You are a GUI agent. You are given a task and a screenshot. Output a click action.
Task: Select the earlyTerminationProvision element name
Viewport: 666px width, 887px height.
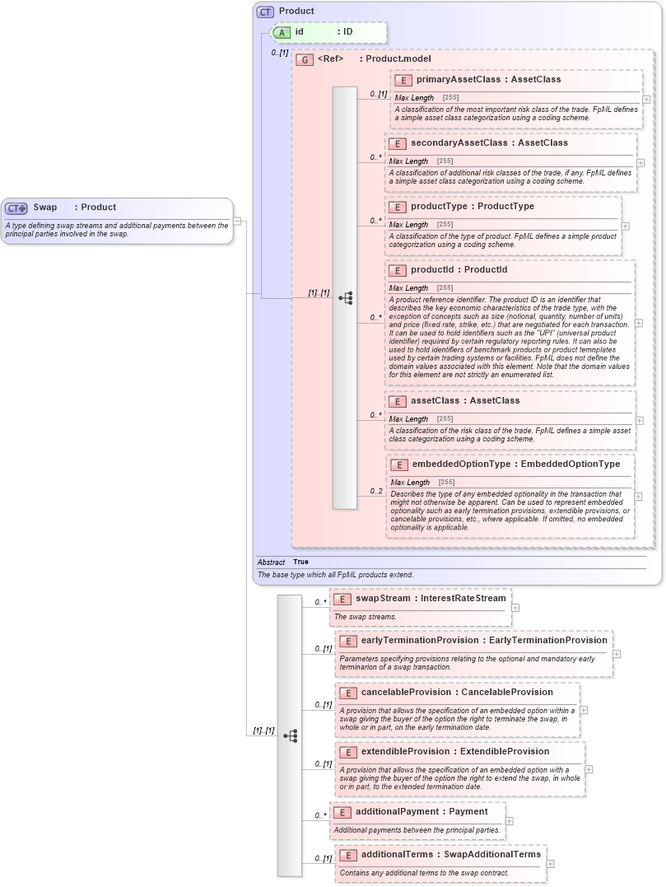420,640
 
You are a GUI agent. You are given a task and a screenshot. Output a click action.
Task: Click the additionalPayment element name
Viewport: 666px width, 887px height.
398,811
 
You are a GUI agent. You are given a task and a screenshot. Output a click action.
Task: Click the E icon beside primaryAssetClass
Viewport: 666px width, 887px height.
403,80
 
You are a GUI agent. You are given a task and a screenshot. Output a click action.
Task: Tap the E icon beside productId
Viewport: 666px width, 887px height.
398,270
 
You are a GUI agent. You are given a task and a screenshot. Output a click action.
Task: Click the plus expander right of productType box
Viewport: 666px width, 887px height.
625,226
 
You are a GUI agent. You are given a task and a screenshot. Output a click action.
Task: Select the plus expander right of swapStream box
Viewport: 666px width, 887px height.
515,608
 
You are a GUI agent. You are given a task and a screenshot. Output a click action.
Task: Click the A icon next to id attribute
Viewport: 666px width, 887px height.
282,32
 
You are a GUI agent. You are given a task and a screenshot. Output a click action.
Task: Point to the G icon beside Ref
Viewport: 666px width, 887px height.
305,59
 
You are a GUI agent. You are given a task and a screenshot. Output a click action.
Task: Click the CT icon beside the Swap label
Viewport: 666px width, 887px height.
16,208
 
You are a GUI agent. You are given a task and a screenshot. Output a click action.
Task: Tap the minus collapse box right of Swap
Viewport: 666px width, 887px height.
237,221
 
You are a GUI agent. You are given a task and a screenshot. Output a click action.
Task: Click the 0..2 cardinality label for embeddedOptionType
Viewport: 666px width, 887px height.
375,492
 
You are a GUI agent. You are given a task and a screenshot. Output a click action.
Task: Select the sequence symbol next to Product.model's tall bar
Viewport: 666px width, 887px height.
346,297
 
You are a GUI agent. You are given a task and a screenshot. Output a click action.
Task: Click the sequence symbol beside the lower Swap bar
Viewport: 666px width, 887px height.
290,735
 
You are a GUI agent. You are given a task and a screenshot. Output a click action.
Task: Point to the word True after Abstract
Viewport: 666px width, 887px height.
300,562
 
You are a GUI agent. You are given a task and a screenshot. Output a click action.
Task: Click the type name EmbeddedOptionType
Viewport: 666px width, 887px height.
571,464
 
